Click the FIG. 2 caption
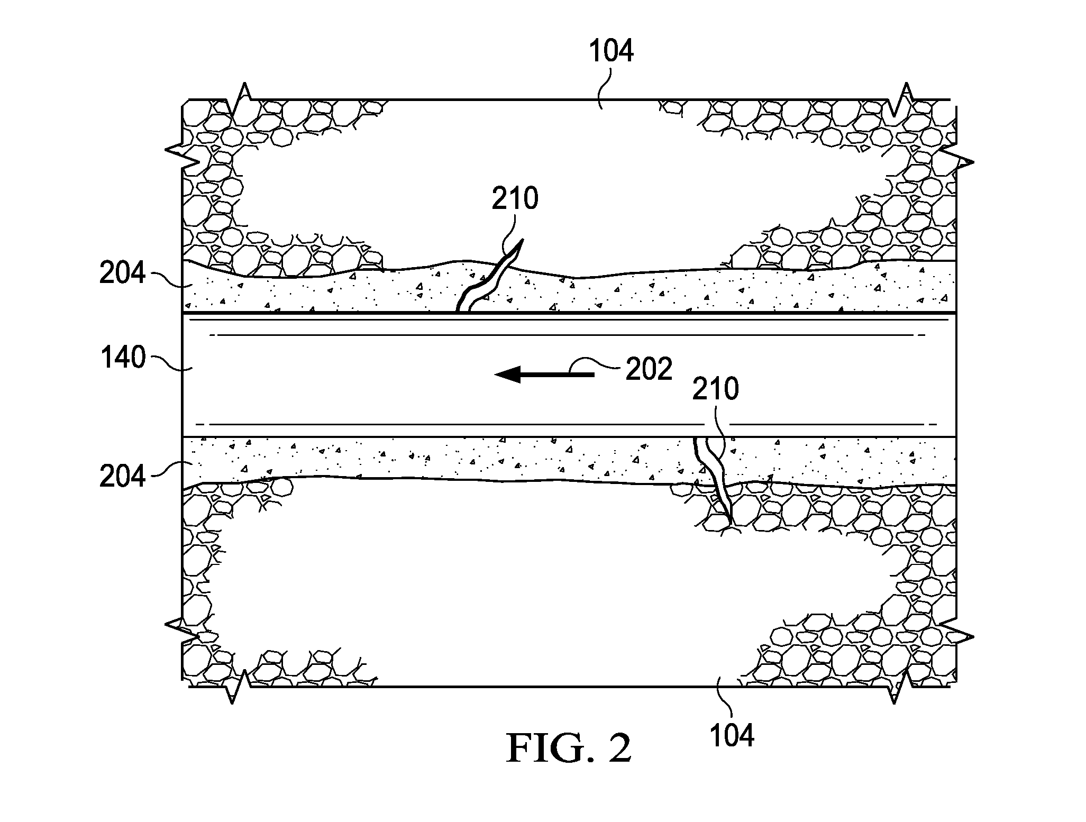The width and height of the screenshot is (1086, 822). [569, 748]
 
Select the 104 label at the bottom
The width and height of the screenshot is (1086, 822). [732, 735]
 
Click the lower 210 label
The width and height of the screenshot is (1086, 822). [716, 389]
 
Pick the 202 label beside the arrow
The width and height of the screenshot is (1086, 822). [649, 370]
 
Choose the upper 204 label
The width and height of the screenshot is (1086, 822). [122, 273]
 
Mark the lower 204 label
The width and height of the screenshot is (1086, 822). [122, 476]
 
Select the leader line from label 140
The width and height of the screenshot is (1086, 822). [167, 363]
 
